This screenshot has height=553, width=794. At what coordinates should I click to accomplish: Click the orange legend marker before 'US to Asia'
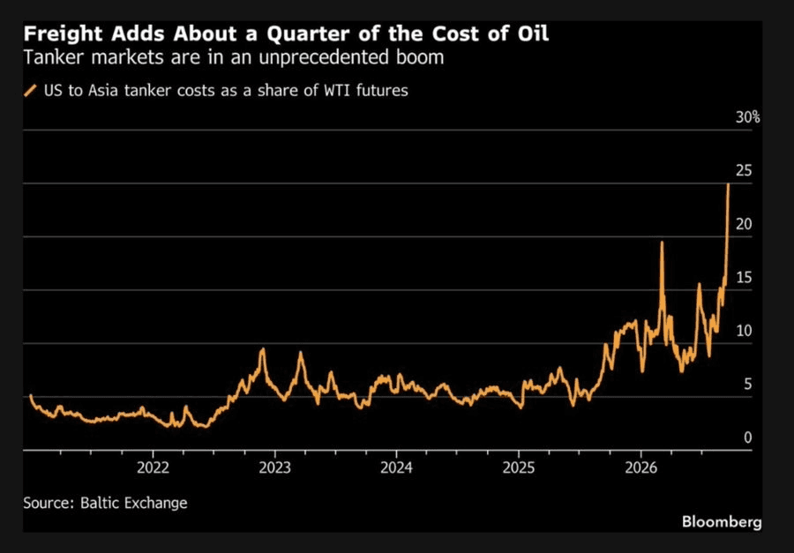coord(30,91)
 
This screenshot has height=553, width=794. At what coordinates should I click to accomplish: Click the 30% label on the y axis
coord(748,117)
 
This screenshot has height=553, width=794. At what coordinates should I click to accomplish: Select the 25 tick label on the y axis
coord(744,171)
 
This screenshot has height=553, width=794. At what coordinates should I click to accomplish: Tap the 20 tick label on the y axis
coord(744,224)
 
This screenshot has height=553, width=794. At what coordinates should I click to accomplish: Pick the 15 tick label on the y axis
coord(744,278)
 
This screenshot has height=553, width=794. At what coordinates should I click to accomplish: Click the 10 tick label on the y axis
coord(744,332)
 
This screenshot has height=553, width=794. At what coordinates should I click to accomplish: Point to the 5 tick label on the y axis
coord(748,385)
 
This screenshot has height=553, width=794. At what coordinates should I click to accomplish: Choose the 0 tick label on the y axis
coord(748,437)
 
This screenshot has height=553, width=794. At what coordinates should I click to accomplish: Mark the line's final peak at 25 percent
coord(728,184)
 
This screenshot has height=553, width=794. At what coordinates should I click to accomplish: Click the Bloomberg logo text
coord(722,521)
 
